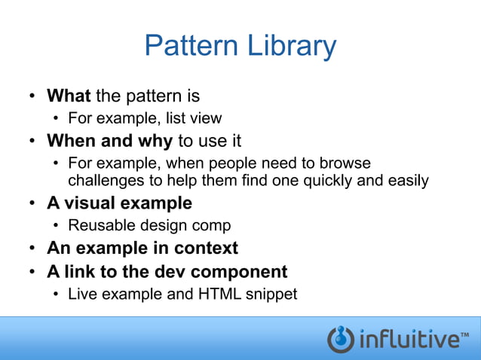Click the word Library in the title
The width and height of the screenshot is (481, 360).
point(291,47)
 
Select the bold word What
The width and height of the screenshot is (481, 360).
point(69,96)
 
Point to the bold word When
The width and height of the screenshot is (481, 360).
point(69,141)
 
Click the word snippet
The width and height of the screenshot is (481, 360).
point(271,294)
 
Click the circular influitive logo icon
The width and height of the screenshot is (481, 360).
point(341,339)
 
